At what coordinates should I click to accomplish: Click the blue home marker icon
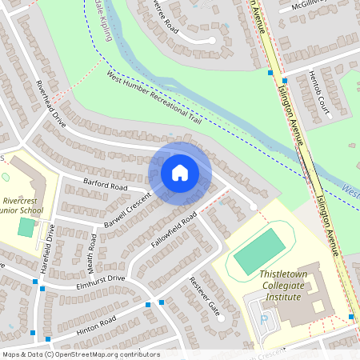point(180,173)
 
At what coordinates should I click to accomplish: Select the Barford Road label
point(106,185)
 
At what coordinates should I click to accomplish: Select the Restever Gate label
point(203,296)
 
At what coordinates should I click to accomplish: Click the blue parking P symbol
point(265,318)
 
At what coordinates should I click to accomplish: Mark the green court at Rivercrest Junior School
point(26,228)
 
